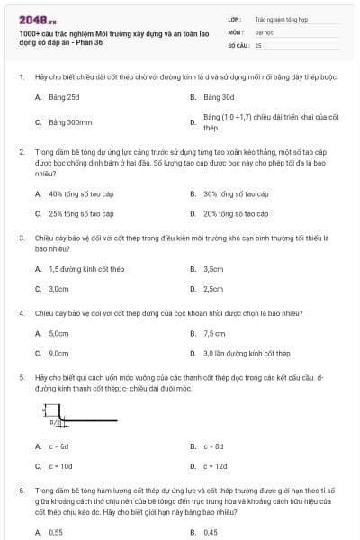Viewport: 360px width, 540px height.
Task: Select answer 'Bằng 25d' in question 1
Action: tap(64, 96)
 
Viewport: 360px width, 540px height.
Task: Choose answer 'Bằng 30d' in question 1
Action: tap(219, 96)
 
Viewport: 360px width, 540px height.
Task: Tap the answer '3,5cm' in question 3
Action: tap(213, 269)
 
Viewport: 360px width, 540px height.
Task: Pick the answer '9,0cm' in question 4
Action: tap(58, 354)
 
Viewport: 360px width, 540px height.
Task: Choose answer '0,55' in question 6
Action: tap(56, 532)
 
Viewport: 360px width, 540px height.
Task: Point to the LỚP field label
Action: tap(233, 18)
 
